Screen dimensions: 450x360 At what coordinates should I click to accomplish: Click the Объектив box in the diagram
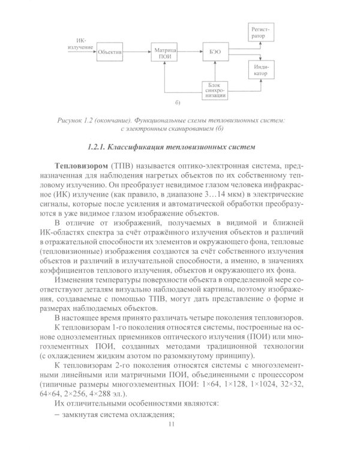(x=110, y=52)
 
